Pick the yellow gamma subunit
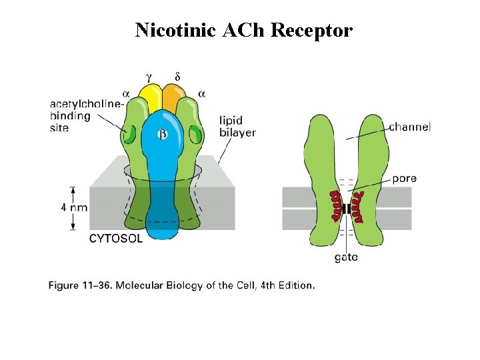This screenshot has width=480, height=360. tap(151, 98)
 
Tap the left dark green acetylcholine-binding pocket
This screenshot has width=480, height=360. tap(131, 135)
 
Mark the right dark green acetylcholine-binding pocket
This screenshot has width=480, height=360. tap(195, 135)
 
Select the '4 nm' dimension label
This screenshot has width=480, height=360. tap(74, 207)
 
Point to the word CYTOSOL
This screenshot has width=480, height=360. tap(115, 239)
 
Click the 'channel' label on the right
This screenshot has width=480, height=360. tap(409, 127)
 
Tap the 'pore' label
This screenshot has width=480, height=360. tap(405, 179)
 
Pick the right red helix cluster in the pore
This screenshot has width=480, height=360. tap(361, 205)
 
